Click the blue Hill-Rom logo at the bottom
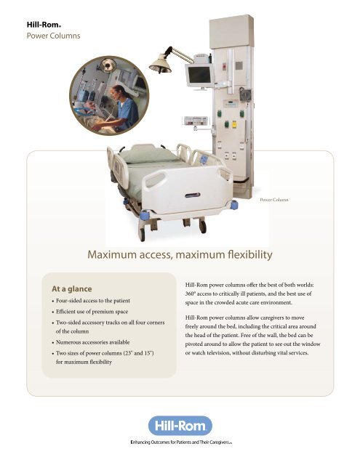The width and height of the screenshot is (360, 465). point(180,426)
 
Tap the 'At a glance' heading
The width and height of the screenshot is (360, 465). point(72,289)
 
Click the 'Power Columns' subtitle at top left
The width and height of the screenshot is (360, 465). point(53,36)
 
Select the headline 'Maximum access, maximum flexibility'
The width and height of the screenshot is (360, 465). point(180,255)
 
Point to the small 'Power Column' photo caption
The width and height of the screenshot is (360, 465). point(274,200)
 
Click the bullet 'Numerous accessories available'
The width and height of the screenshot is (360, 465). point(92,342)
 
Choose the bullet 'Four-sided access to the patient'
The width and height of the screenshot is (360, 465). point(93,300)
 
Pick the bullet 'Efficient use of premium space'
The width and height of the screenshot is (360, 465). point(92,312)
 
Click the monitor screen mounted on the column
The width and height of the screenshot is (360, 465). point(199,75)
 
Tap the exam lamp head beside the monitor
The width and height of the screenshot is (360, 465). point(160,65)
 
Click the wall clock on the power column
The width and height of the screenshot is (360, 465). point(245,95)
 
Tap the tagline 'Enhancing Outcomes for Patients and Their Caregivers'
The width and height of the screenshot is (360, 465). point(181,442)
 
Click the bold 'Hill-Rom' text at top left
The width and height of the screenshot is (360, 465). point(44,25)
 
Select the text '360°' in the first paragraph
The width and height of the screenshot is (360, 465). point(191,294)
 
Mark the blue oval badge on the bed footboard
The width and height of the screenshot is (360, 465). point(193,195)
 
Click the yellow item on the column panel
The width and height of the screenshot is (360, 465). point(234,124)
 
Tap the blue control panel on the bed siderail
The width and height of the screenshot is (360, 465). point(204,160)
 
